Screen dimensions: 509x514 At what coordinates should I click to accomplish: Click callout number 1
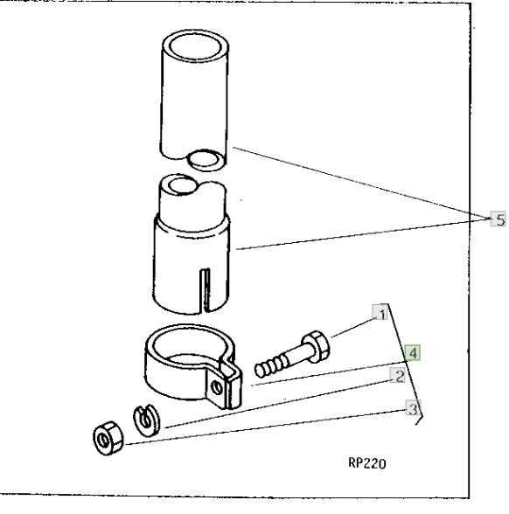tap(380, 313)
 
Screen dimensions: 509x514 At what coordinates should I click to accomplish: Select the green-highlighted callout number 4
tap(412, 353)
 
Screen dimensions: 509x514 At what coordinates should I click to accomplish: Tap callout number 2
tap(398, 376)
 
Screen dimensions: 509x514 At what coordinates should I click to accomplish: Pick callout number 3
tap(413, 408)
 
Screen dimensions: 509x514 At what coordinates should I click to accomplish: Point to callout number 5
tap(499, 219)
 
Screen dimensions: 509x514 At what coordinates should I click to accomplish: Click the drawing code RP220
tap(367, 463)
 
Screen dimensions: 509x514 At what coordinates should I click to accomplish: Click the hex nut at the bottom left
tap(108, 439)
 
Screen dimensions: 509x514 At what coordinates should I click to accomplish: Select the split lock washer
tap(147, 420)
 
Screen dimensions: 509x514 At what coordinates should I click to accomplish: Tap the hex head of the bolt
tap(317, 346)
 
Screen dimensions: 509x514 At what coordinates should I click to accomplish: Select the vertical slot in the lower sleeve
tap(206, 290)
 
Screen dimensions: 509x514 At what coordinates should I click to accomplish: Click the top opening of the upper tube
tap(196, 46)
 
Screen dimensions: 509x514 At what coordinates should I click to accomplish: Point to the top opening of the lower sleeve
tap(183, 185)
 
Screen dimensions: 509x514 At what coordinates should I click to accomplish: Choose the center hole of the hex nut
tap(103, 440)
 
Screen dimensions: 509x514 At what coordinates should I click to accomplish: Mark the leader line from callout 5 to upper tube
tap(361, 184)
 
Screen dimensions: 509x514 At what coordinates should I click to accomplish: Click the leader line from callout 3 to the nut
tap(265, 427)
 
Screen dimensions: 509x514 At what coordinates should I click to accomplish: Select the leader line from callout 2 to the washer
tap(277, 404)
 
